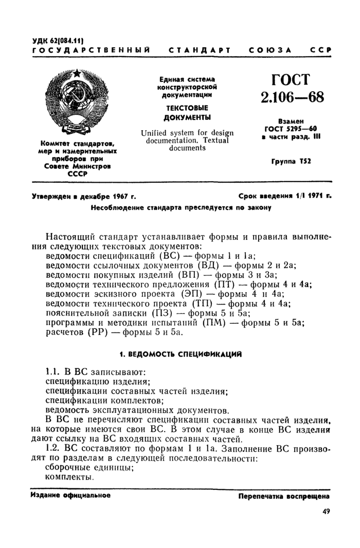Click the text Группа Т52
[291, 162]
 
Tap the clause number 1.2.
[55, 449]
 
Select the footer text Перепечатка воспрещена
[283, 497]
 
